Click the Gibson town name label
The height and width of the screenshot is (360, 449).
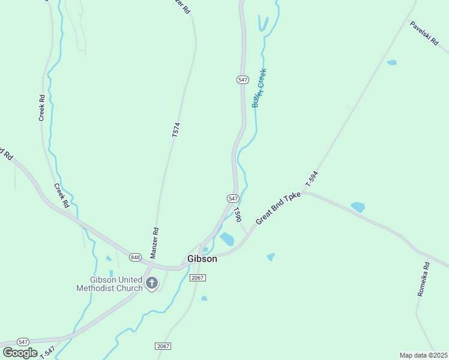[x=202, y=259]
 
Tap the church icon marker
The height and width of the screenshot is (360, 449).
[x=152, y=283]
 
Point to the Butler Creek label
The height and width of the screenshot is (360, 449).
[x=259, y=88]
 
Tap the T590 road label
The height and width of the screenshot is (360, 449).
[x=238, y=214]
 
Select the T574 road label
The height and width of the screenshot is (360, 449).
[x=176, y=130]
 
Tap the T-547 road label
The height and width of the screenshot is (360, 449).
[x=48, y=353]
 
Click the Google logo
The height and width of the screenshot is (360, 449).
[x=19, y=353]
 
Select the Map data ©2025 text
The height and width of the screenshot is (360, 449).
[x=424, y=355]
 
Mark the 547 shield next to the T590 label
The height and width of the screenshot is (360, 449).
[x=234, y=198]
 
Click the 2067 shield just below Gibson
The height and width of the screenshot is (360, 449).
[x=197, y=278]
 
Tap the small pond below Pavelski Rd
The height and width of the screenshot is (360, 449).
[x=392, y=62]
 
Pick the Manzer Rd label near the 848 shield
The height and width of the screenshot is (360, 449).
[x=154, y=242]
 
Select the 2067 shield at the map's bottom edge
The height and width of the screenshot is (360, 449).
[x=163, y=346]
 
